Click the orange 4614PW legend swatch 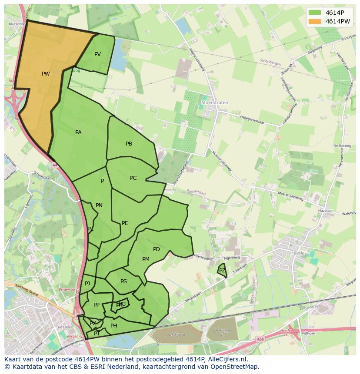pyautogui.click(x=315, y=21)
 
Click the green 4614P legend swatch pyautogui.click(x=315, y=13)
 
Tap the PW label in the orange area pyautogui.click(x=46, y=74)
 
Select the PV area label pyautogui.click(x=97, y=54)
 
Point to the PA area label pyautogui.click(x=78, y=132)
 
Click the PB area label pyautogui.click(x=129, y=144)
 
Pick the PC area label pyautogui.click(x=133, y=178)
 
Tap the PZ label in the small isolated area pyautogui.click(x=222, y=271)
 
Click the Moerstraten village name pyautogui.click(x=215, y=103)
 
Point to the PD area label pyautogui.click(x=157, y=249)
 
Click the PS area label pyautogui.click(x=123, y=281)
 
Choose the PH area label pyautogui.click(x=114, y=326)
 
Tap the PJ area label pyautogui.click(x=87, y=284)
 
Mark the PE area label pyautogui.click(x=125, y=223)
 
